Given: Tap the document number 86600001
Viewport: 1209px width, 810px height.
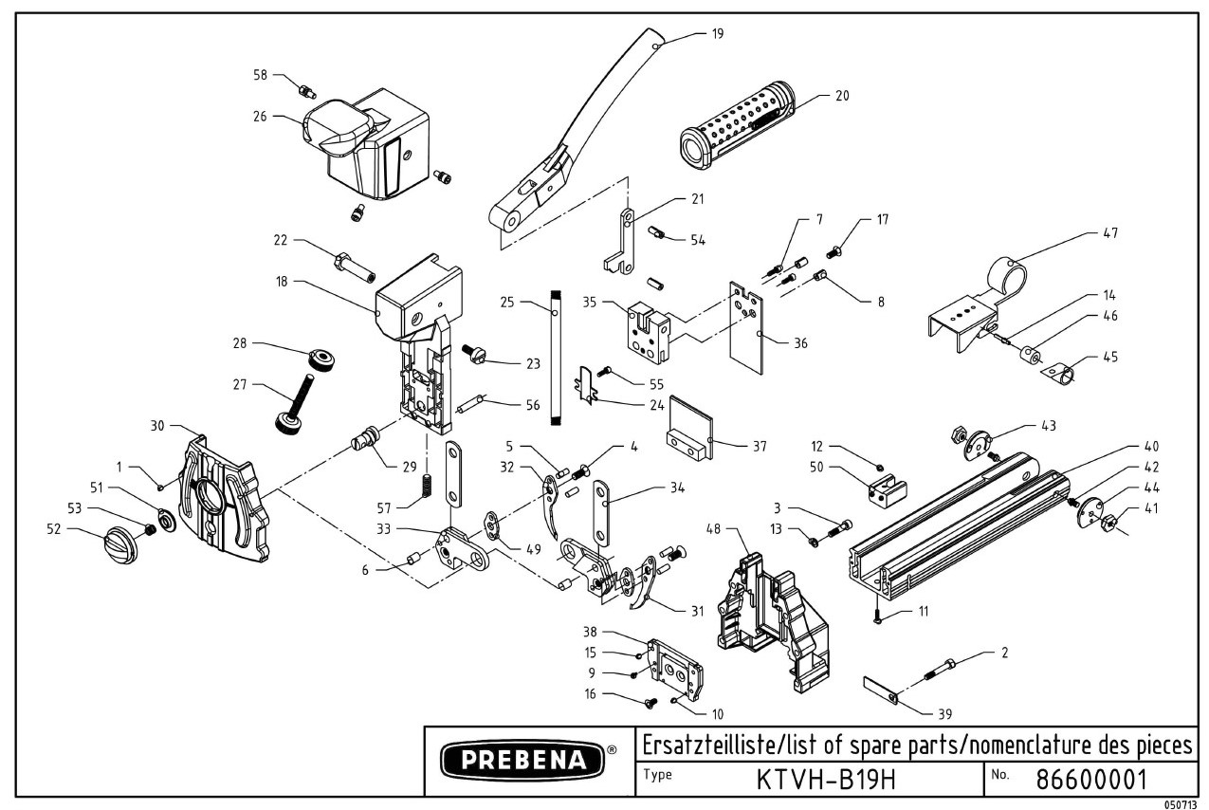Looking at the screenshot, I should (1091, 780).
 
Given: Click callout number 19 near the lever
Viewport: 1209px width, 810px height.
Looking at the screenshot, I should (717, 33).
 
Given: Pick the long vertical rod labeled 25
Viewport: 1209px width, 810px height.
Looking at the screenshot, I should (556, 360).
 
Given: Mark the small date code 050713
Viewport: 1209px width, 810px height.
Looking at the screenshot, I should (1184, 802).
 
